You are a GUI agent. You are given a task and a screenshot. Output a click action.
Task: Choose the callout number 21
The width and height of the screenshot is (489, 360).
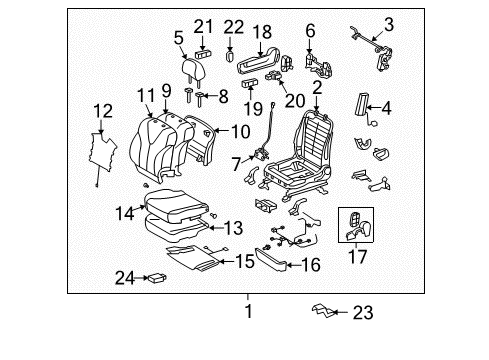204,25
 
